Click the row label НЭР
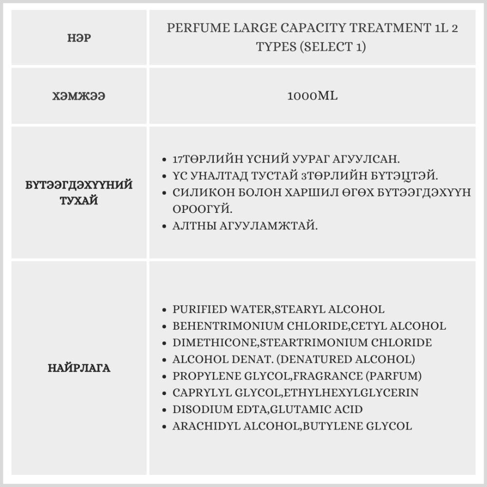79,37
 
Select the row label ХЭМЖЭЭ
79,96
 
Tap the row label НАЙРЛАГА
79,368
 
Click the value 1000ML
312,96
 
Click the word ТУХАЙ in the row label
79,201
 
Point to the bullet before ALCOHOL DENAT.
165,360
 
